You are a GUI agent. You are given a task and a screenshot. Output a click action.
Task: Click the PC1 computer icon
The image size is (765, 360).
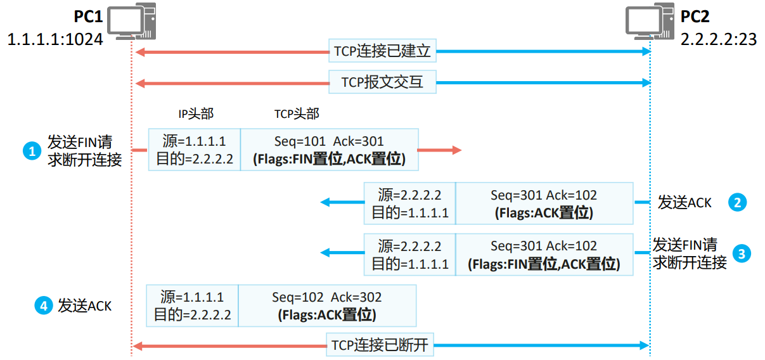coord(131,20)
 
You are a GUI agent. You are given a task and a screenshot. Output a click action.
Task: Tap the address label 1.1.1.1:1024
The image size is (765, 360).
coord(55,39)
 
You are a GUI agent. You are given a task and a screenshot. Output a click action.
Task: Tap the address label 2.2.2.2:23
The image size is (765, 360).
coord(719,39)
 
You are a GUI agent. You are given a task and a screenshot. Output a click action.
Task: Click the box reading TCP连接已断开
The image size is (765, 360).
coord(380,345)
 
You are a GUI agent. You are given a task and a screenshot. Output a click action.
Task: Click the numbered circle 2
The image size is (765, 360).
coord(737,202)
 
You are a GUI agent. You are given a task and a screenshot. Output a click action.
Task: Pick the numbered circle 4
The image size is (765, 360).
coord(42,305)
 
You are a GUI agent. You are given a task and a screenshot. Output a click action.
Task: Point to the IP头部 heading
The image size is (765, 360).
coord(195,114)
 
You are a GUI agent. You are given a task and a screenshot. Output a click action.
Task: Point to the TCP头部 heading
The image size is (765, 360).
coord(297,114)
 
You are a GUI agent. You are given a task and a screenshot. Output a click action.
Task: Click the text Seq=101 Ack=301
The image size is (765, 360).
coord(329,141)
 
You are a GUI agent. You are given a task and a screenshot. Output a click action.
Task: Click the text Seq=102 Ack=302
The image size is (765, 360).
coord(327,297)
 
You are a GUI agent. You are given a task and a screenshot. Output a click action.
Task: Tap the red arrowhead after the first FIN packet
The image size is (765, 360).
coord(457,150)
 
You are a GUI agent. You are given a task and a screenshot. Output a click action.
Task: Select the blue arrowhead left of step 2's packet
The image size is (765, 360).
coord(325,202)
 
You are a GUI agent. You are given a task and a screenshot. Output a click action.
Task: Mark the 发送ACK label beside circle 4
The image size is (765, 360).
coord(85,306)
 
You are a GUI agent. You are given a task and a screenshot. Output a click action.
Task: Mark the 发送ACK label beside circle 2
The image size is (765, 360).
coord(685,203)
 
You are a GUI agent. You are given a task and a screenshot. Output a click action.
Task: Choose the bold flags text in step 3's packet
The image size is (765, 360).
coord(544,264)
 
